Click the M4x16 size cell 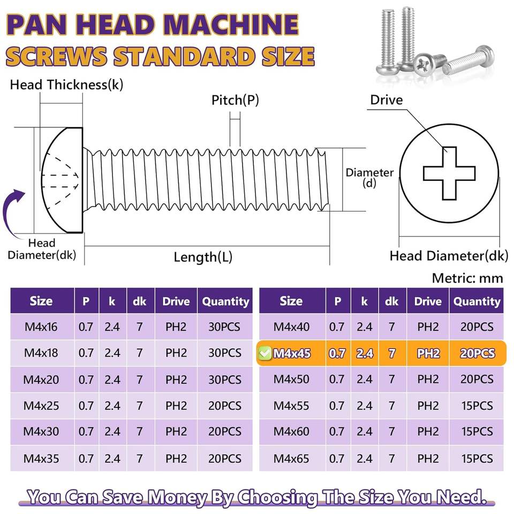tap(41, 327)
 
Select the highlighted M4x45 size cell tap(292, 353)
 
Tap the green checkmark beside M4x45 tap(265, 353)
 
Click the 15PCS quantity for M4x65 tap(477, 459)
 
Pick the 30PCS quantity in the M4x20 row tap(225, 380)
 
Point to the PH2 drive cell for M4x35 tap(176, 459)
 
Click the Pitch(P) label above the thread tap(235, 100)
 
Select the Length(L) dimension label tap(203, 257)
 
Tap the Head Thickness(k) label tap(66, 85)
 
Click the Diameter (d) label tap(369, 177)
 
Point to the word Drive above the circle tap(387, 100)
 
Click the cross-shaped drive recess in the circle tap(449, 173)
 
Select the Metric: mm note tap(467, 278)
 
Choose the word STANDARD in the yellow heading tap(184, 56)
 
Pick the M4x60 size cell tap(291, 432)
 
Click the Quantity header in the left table tap(225, 301)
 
